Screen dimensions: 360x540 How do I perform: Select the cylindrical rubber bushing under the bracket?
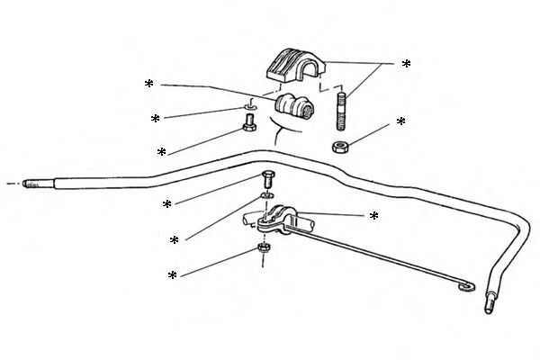click(x=293, y=106)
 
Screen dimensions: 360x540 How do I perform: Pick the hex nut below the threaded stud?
click(x=340, y=146)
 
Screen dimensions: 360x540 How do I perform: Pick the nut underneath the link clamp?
click(x=265, y=247)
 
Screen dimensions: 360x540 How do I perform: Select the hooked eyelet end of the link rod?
click(x=466, y=286)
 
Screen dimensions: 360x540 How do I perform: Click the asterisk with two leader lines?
click(x=406, y=65)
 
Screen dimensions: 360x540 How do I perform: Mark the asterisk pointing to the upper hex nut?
click(x=401, y=121)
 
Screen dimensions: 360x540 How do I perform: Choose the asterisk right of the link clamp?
click(x=373, y=217)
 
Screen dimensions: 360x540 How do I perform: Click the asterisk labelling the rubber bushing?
click(x=149, y=85)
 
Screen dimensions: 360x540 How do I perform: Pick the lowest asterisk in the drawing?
click(x=171, y=275)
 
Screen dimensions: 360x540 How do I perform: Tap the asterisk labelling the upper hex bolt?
click(x=161, y=153)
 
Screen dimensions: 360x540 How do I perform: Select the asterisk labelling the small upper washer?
click(x=156, y=119)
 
